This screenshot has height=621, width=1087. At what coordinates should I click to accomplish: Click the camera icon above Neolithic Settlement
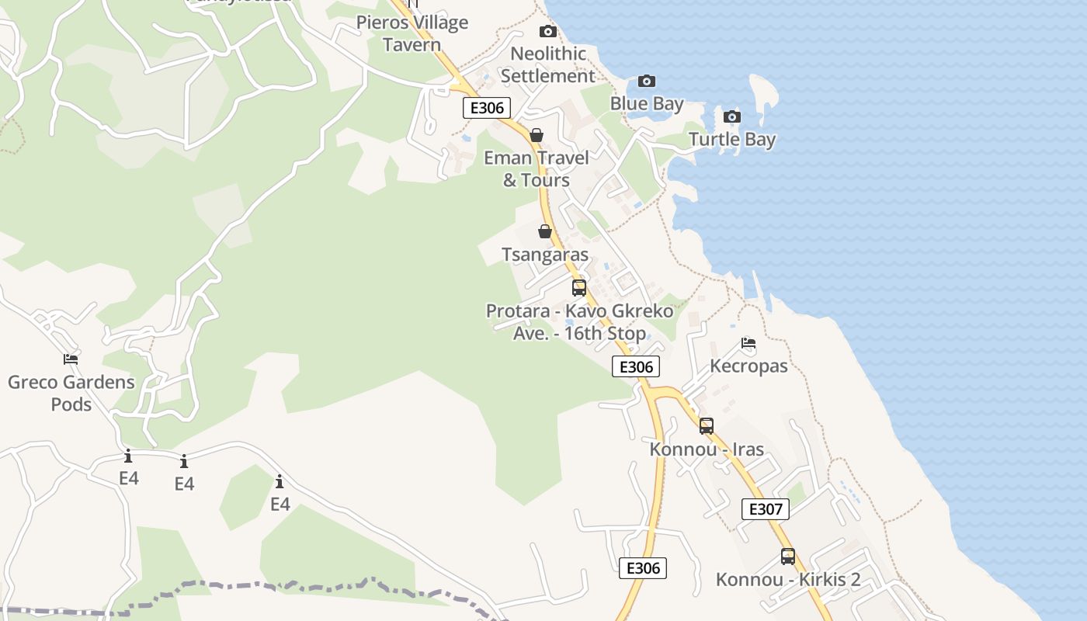(x=548, y=32)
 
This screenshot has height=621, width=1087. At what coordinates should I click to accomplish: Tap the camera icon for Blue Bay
(x=646, y=82)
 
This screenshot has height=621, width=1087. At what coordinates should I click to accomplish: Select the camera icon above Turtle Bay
(x=731, y=117)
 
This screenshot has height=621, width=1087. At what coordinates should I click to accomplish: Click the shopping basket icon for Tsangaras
(x=545, y=231)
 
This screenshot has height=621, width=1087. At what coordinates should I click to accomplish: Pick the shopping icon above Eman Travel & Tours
(x=536, y=135)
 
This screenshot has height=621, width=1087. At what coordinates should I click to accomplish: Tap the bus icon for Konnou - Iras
(x=706, y=425)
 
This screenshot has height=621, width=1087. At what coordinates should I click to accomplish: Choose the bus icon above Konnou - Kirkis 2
(x=788, y=556)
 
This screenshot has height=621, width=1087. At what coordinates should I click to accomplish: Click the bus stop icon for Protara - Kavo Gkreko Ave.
(x=579, y=288)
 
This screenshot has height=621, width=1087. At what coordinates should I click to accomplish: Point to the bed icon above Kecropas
(x=748, y=342)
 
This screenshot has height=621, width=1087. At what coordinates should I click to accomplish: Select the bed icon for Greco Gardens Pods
(x=71, y=359)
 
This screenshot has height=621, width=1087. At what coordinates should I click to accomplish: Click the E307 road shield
(x=766, y=509)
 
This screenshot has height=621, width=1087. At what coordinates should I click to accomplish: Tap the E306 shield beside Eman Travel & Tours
(x=487, y=108)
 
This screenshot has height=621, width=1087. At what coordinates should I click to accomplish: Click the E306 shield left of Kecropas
(x=636, y=366)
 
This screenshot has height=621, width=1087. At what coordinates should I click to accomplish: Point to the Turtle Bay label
(x=732, y=140)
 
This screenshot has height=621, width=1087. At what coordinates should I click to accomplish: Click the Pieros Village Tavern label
(x=412, y=33)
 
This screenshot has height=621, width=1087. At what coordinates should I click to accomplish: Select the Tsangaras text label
(x=545, y=255)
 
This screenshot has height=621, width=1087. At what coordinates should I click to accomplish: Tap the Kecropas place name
(x=748, y=366)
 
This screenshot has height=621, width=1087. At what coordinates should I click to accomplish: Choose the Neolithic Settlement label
(x=548, y=65)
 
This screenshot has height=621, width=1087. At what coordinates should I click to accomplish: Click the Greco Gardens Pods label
(x=71, y=393)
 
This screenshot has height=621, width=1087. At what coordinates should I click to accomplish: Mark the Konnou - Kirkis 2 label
(x=788, y=580)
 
